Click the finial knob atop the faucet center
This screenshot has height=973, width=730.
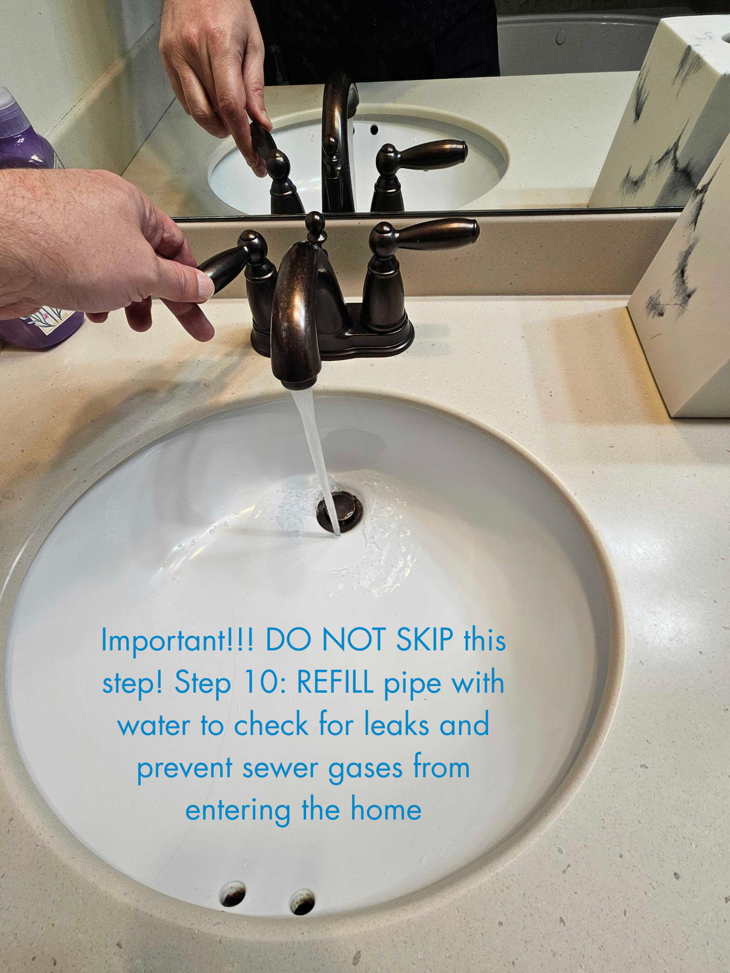point(315,223)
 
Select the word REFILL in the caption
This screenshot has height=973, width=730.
point(335,683)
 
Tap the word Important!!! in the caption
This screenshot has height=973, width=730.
point(177,640)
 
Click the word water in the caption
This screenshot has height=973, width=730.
point(154,726)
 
